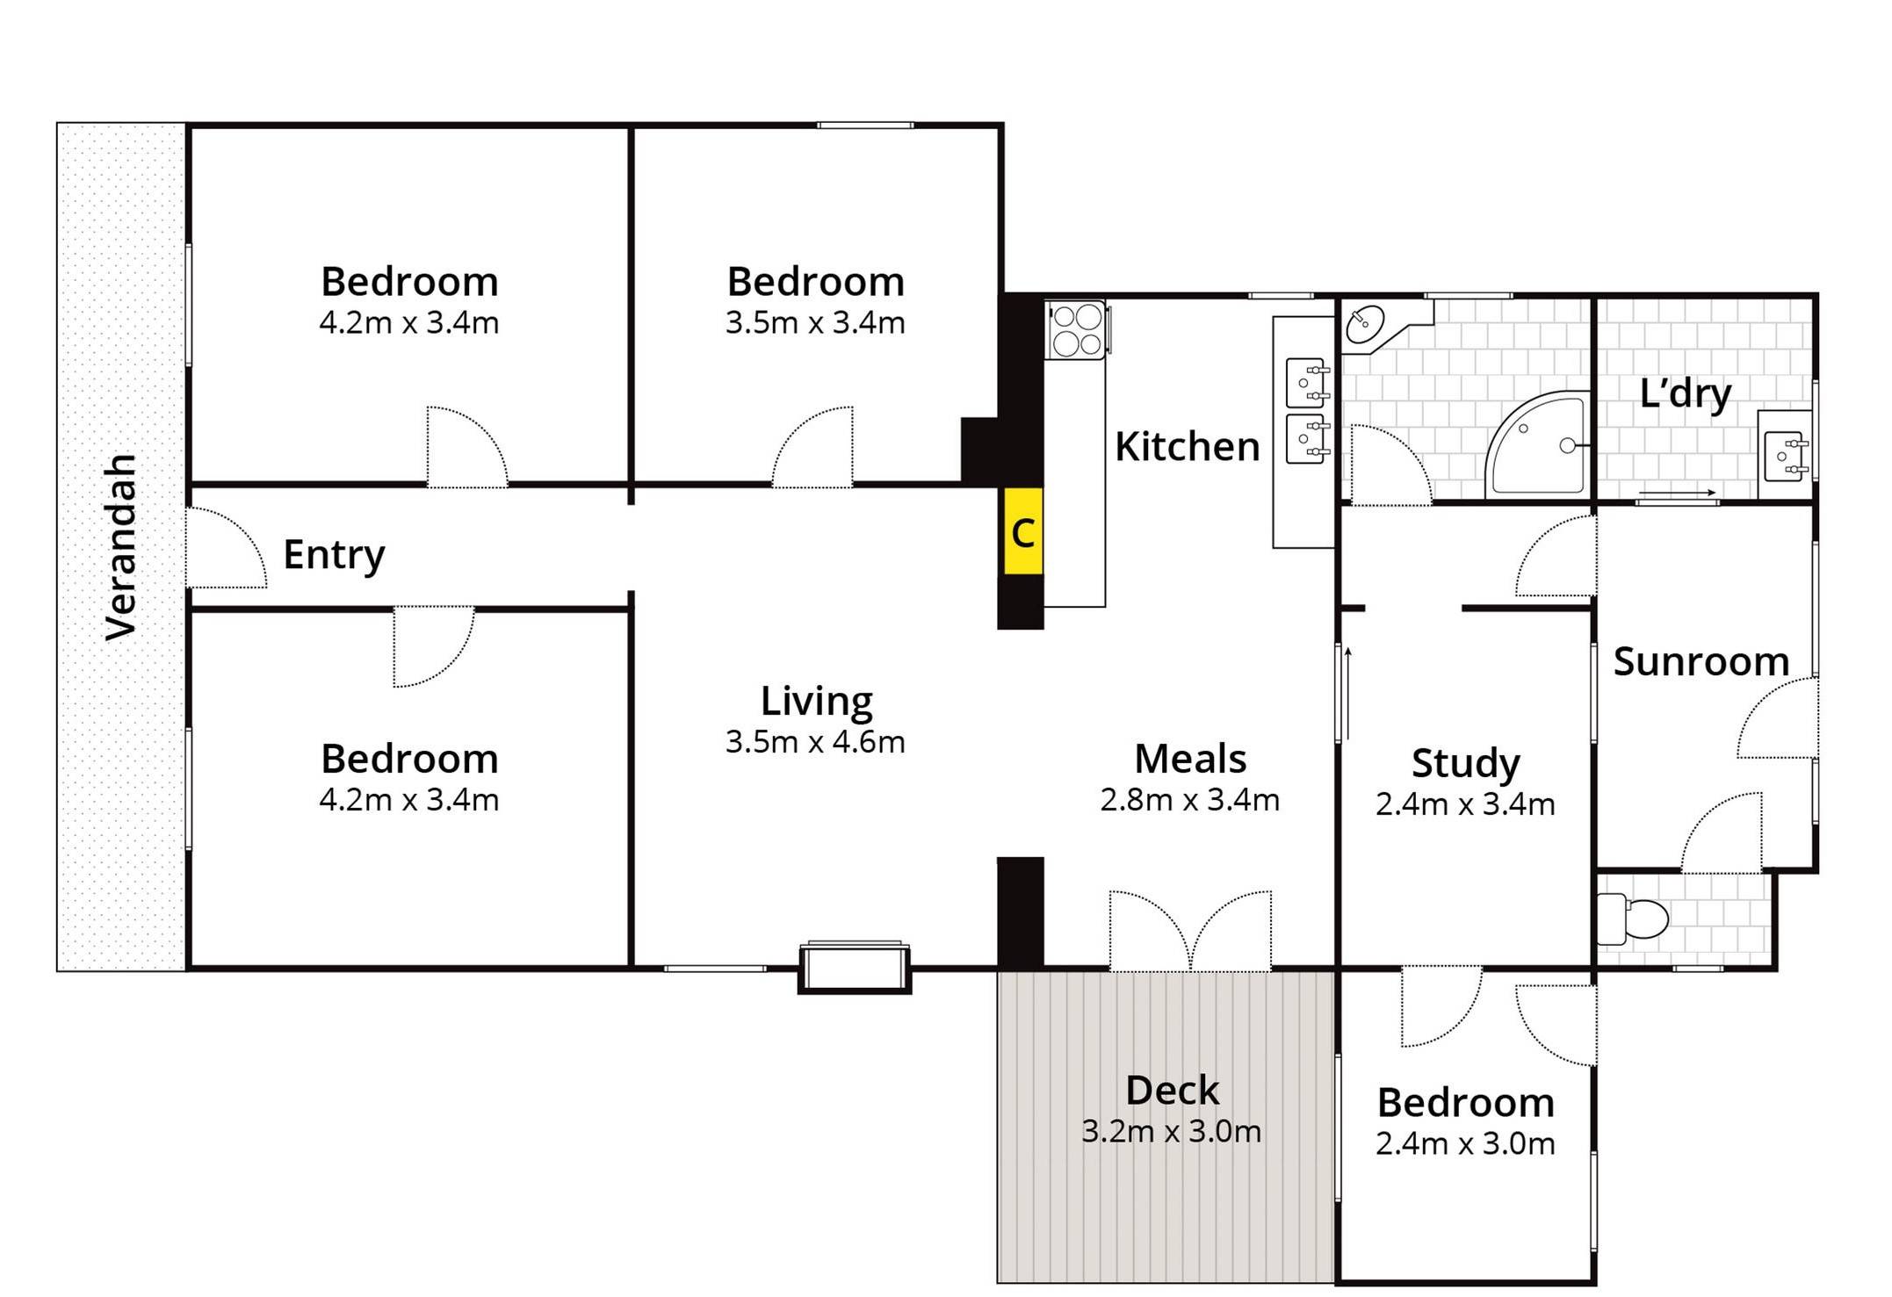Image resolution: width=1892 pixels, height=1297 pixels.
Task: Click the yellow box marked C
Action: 1022,532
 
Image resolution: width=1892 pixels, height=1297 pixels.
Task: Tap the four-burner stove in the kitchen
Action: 1076,330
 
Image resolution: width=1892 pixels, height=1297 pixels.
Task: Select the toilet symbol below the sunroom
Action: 1633,919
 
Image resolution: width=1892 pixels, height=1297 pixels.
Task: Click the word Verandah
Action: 121,547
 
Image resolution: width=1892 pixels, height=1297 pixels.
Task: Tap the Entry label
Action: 334,555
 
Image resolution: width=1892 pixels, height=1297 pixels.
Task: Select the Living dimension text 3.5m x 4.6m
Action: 815,743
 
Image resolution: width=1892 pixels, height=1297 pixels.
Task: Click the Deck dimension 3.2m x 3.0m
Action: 1171,1132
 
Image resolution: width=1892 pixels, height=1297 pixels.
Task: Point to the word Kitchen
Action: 1187,447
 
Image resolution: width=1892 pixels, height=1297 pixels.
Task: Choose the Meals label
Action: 1190,759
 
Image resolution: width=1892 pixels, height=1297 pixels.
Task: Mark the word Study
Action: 1465,763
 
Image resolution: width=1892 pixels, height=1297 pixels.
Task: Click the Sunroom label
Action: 1701,661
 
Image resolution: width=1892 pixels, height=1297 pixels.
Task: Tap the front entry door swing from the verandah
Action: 226,549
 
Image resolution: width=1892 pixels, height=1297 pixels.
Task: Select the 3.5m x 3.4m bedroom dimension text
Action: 815,323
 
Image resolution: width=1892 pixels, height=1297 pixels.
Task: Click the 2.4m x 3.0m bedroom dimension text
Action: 1465,1144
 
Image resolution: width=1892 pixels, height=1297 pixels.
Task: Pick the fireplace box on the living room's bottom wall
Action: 854,968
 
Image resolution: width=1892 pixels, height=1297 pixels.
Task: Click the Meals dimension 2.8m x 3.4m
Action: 1190,800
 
